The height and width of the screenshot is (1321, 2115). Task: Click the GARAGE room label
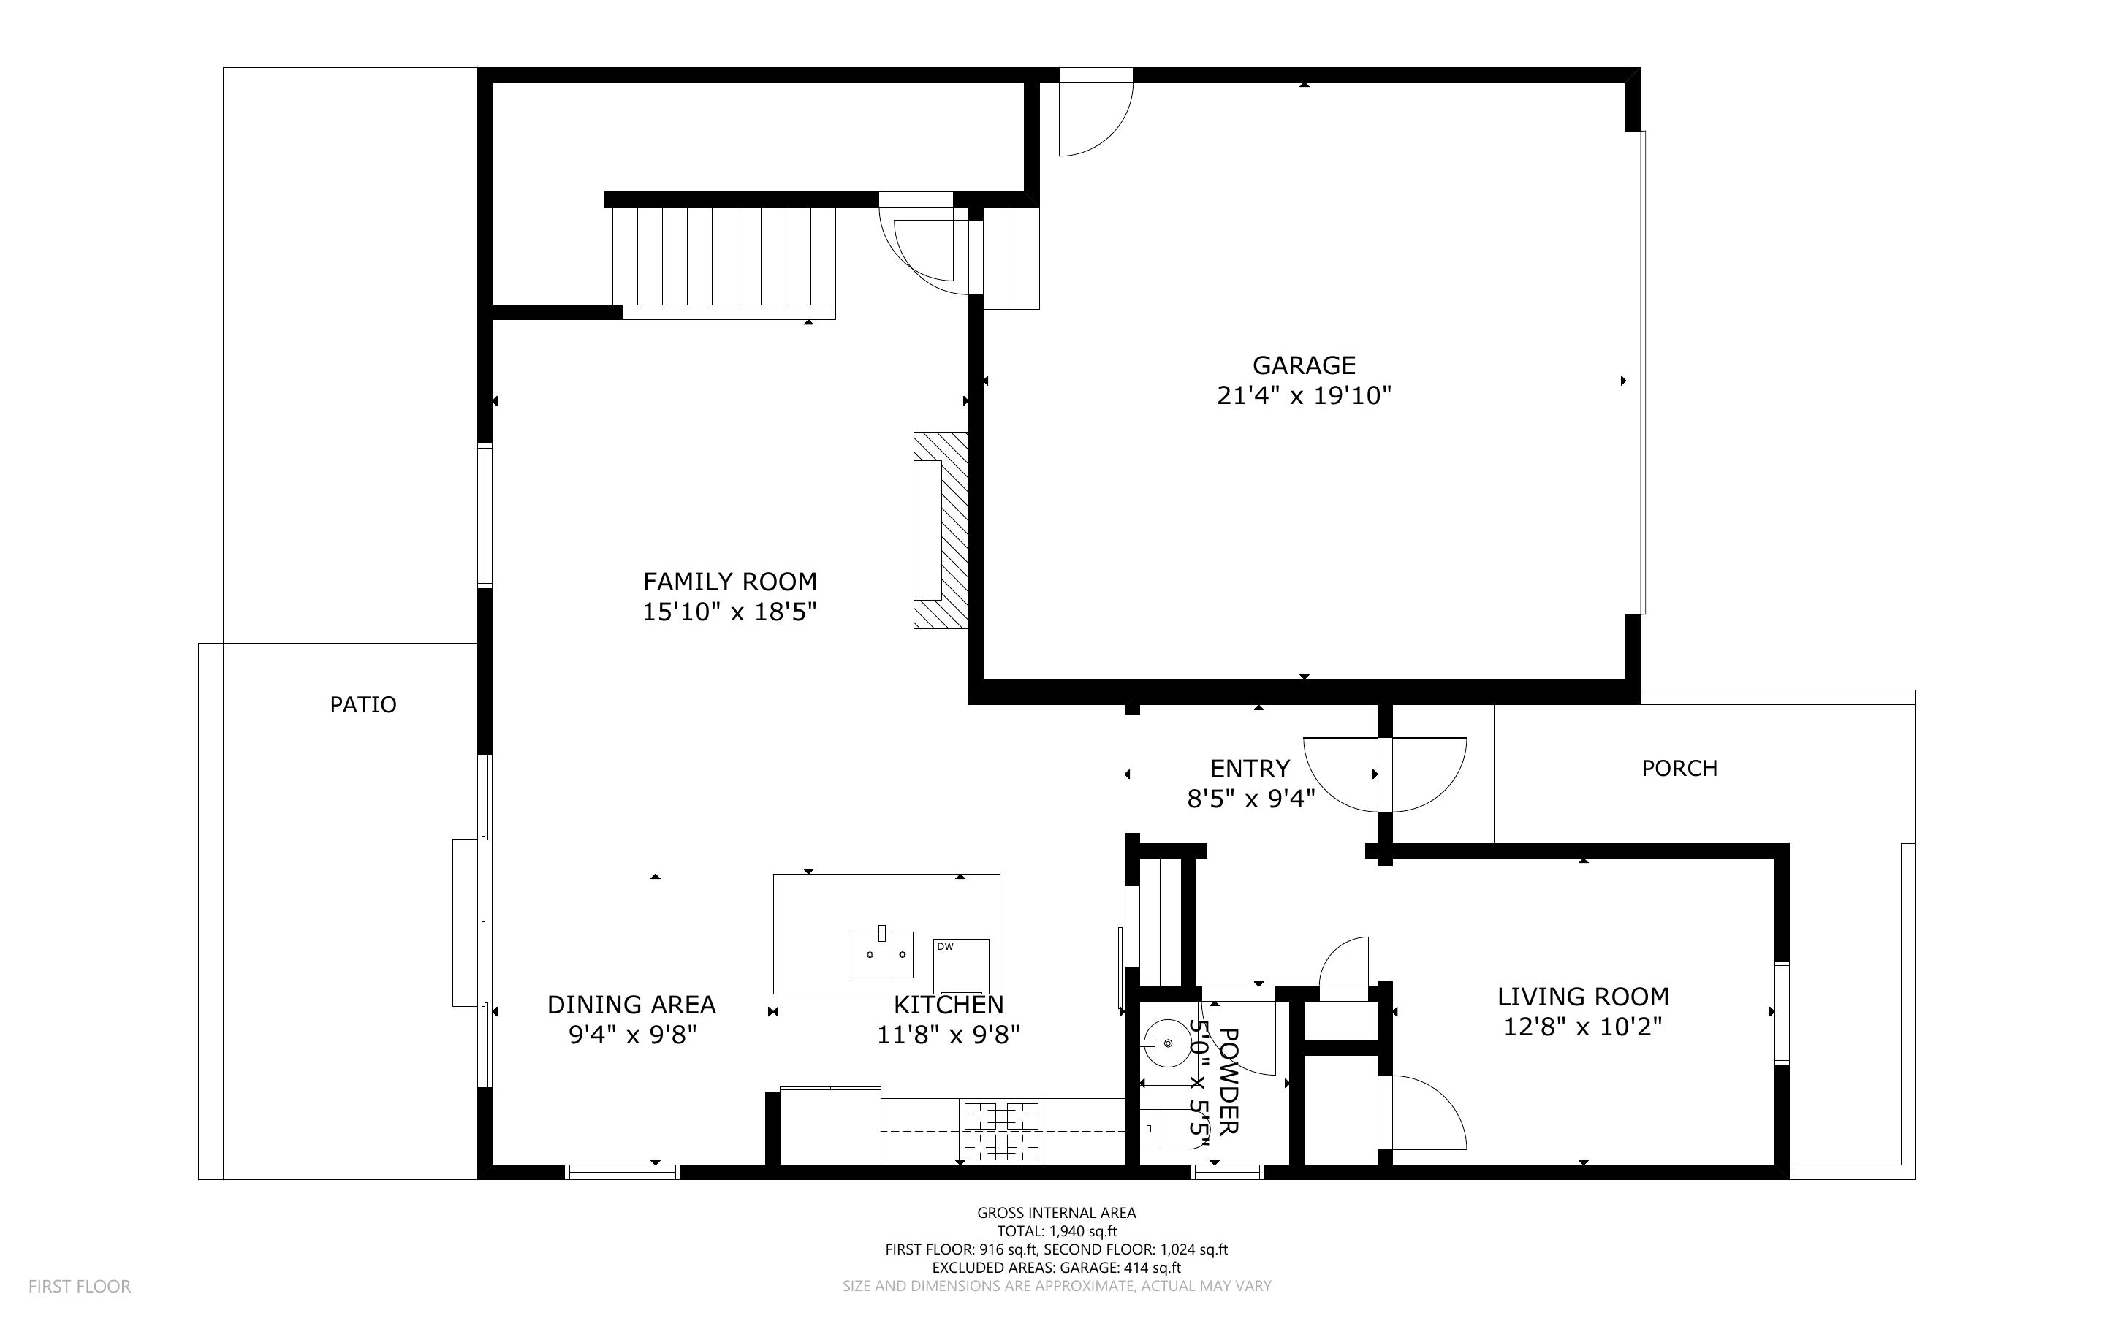coord(1303,365)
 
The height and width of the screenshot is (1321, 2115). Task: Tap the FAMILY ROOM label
coord(729,582)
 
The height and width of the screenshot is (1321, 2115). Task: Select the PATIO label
coord(363,704)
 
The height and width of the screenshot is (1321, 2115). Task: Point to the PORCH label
coord(1679,768)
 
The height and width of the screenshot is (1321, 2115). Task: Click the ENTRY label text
coord(1249,769)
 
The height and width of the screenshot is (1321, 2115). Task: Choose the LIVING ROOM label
coord(1583,996)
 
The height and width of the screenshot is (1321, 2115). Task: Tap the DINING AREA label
coord(631,1005)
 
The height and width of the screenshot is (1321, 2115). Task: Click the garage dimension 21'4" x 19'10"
coord(1303,396)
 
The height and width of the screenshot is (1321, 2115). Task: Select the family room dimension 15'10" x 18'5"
coord(729,612)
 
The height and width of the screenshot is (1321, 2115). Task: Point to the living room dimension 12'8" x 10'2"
coord(1583,1027)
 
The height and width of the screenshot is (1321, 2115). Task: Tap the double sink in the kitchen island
coord(881,954)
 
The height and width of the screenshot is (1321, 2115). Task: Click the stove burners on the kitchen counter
coord(1002,1132)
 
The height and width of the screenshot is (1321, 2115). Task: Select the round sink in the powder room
coord(1166,1044)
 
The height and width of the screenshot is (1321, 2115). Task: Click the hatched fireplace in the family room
coord(941,530)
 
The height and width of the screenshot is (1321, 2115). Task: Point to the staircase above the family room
coord(724,257)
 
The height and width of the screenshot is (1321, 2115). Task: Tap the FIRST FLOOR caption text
coord(80,1286)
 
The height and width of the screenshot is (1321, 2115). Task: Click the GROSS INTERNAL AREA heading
coord(1056,1213)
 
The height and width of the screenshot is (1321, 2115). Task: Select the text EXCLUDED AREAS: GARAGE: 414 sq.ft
coord(1056,1268)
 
